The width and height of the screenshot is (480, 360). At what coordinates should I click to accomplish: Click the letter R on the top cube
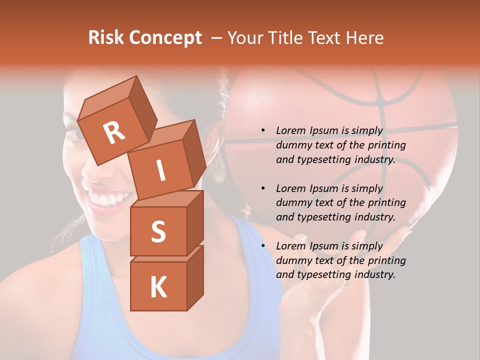pyautogui.click(x=114, y=132)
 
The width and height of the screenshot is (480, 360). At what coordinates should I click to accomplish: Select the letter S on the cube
pyautogui.click(x=158, y=231)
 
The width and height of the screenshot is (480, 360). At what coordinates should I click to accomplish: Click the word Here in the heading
pyautogui.click(x=364, y=38)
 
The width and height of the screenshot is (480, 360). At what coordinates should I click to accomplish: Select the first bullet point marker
pyautogui.click(x=263, y=131)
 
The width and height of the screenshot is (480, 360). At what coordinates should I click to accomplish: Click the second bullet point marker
pyautogui.click(x=263, y=188)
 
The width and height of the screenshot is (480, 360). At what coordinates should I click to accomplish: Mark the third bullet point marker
pyautogui.click(x=263, y=246)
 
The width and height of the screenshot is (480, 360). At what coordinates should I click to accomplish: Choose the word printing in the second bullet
pyautogui.click(x=386, y=202)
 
